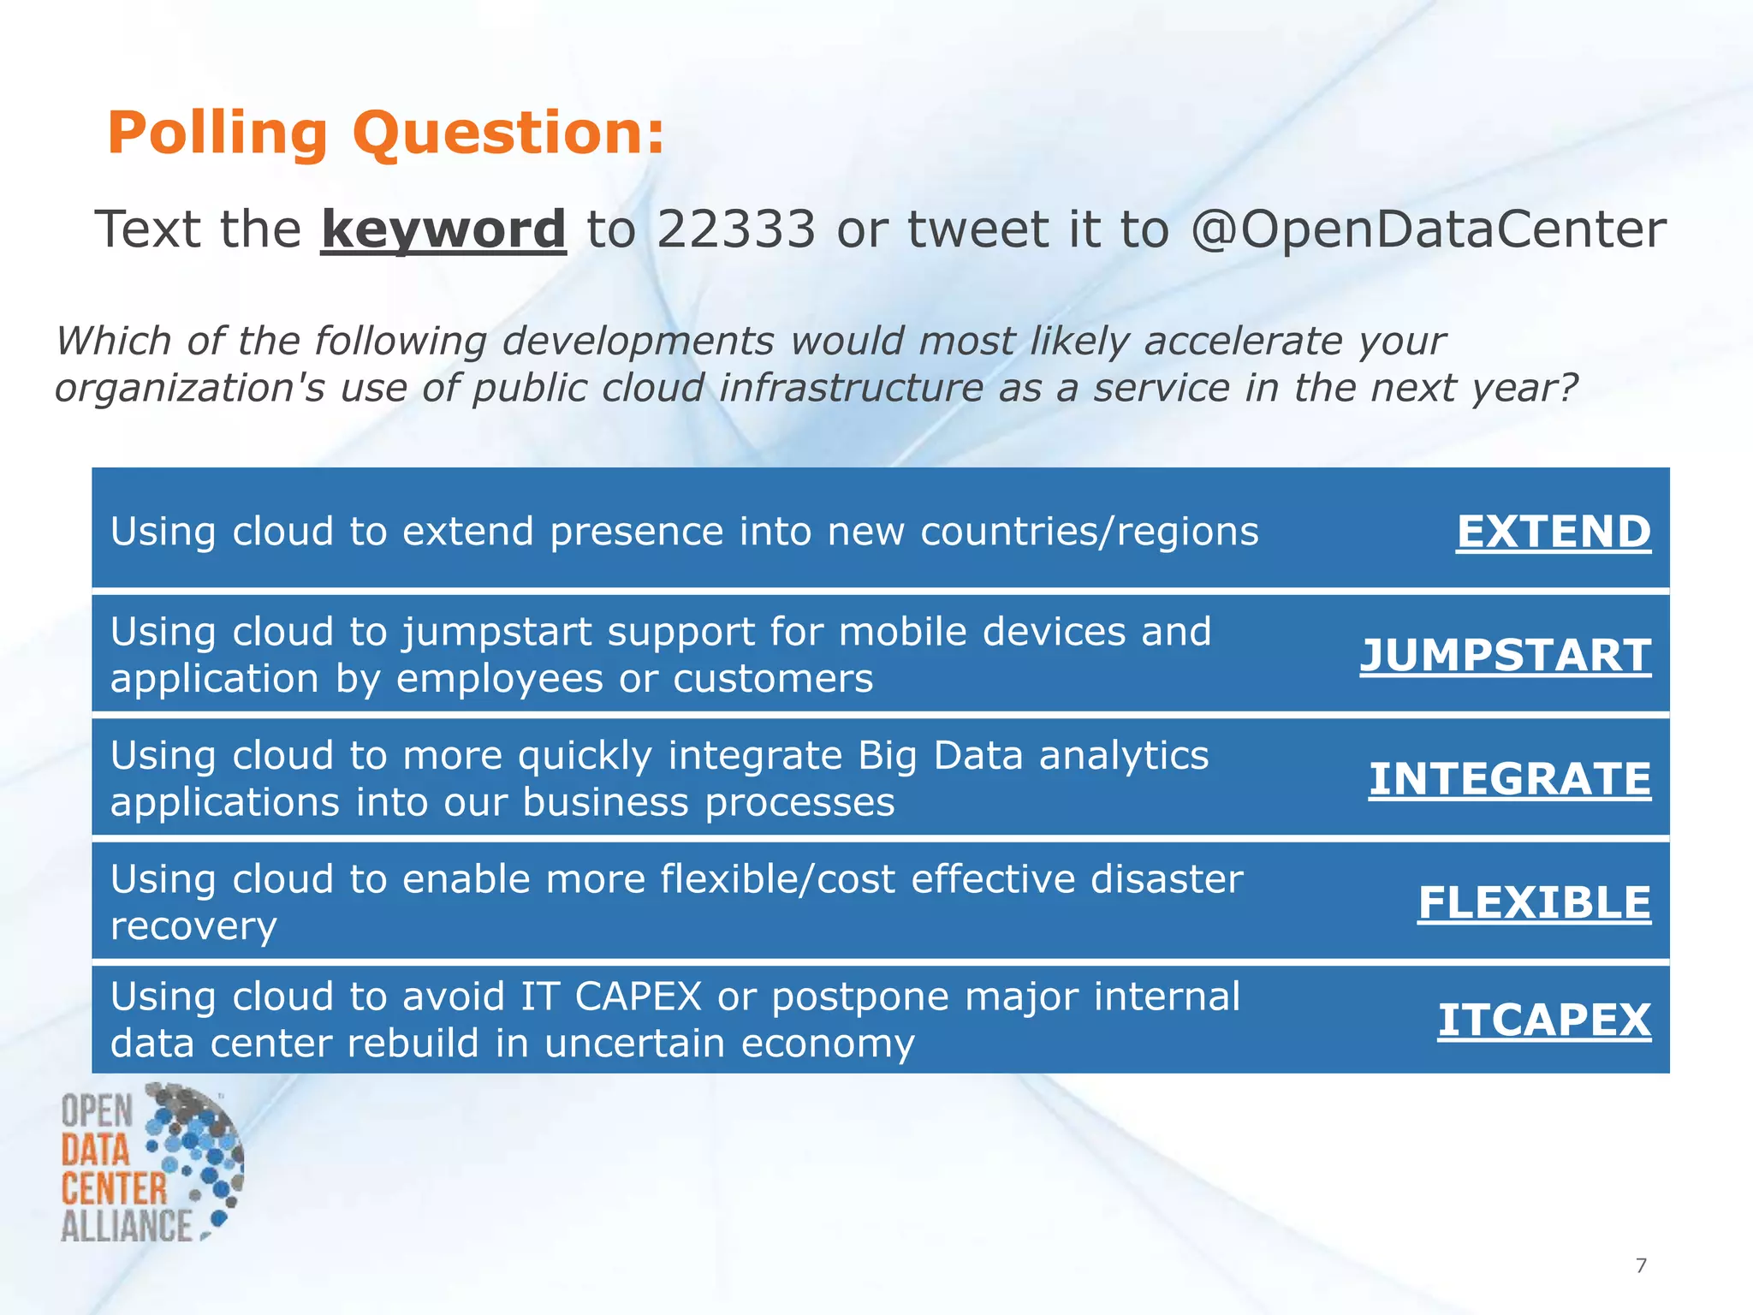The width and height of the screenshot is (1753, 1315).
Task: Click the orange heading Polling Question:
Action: pyautogui.click(x=385, y=134)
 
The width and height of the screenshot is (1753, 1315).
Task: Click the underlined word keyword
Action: pyautogui.click(x=443, y=229)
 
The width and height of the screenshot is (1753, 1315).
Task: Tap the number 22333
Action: pyautogui.click(x=736, y=229)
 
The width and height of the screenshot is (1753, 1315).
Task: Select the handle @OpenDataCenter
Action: pyautogui.click(x=1428, y=229)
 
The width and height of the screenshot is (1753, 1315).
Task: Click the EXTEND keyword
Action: pyautogui.click(x=1553, y=532)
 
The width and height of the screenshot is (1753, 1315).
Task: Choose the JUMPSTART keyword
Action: pyautogui.click(x=1505, y=656)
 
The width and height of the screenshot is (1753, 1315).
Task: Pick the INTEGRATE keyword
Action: pyautogui.click(x=1509, y=779)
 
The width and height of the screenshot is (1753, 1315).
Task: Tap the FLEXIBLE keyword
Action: pyautogui.click(x=1534, y=903)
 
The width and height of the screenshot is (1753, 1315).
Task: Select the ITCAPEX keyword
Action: pyautogui.click(x=1543, y=1020)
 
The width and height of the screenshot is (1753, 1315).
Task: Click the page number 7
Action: pyautogui.click(x=1641, y=1265)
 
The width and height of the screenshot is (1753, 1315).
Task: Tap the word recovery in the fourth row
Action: pyautogui.click(x=193, y=926)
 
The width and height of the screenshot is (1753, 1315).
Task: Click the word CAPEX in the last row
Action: pyautogui.click(x=638, y=997)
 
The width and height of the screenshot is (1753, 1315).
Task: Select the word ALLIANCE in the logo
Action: pyautogui.click(x=127, y=1226)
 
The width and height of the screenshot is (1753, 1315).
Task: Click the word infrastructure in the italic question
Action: pyautogui.click(x=851, y=388)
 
